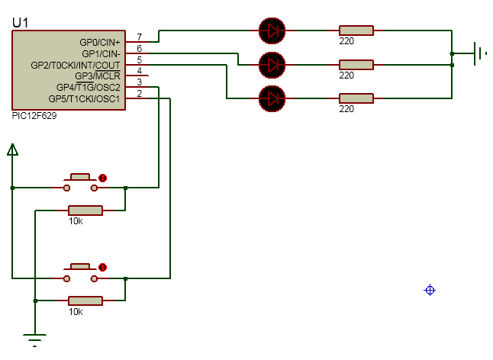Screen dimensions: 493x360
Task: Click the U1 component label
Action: tap(20, 23)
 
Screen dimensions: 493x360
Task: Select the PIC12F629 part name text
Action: tap(34, 116)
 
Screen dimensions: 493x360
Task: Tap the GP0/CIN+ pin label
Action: tap(100, 42)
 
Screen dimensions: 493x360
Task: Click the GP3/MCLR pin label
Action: tap(98, 76)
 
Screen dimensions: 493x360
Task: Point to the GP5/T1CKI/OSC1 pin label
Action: tap(84, 98)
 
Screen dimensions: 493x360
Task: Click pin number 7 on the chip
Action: tap(140, 37)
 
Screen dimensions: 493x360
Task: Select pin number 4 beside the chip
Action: tap(140, 71)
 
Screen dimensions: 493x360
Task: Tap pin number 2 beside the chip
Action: tap(140, 93)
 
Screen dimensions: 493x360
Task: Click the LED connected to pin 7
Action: tap(272, 31)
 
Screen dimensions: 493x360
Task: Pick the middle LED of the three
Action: tap(272, 65)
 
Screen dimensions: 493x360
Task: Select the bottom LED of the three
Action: tap(272, 98)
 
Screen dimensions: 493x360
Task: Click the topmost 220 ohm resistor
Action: tap(356, 31)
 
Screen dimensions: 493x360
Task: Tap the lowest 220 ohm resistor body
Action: tap(356, 98)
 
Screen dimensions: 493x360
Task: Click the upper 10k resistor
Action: tap(85, 211)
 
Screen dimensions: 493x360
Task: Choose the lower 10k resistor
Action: tap(85, 301)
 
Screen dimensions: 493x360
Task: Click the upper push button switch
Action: tap(80, 183)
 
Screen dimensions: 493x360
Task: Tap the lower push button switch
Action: tap(80, 273)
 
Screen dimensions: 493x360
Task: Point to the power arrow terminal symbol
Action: tap(12, 149)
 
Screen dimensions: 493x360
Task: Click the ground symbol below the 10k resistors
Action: tap(34, 340)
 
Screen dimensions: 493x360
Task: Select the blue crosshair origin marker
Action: tap(430, 290)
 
